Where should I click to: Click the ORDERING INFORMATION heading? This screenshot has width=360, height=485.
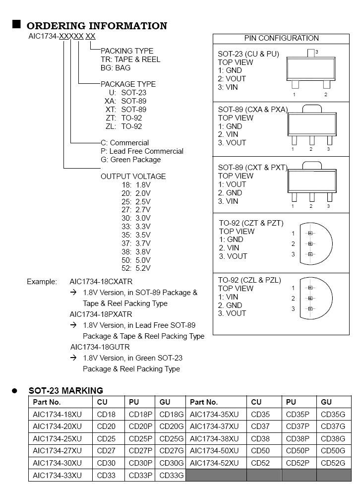coord(97,26)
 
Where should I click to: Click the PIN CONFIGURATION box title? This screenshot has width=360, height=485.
coord(281,38)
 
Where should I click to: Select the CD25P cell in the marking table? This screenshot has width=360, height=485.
coord(140,438)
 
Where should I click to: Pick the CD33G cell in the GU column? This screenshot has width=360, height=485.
coord(171,476)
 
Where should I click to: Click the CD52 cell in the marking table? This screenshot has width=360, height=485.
coord(260,463)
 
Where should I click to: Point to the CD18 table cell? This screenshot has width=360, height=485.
coord(106,414)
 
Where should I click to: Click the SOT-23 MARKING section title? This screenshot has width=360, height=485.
coord(66,391)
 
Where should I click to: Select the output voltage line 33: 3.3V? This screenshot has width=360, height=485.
coord(136,226)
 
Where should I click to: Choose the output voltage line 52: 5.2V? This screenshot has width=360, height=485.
coord(136,268)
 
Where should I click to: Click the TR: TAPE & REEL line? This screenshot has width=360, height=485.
coord(130,59)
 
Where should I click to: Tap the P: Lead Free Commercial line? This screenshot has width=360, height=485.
coord(142,151)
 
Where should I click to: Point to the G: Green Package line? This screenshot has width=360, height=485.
coord(130,160)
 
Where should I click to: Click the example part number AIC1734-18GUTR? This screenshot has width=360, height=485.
coord(101,347)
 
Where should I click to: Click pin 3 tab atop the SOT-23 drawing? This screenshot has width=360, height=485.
coord(311,52)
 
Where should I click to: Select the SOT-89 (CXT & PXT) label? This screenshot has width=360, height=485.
coord(252,168)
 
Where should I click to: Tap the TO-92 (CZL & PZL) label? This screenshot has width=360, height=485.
coord(249,280)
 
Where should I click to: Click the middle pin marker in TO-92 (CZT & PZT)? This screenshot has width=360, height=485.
coord(310,243)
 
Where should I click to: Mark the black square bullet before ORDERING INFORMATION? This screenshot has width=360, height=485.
coord(16,24)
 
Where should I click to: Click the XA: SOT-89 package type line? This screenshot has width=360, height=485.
coord(125,101)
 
